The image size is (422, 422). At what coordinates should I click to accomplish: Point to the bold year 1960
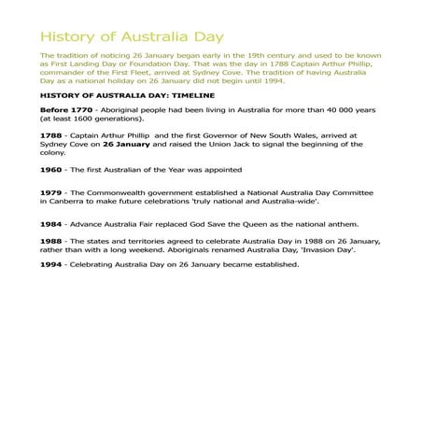50,170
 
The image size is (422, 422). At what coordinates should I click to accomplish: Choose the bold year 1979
50,193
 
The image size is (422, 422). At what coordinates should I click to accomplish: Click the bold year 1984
50,224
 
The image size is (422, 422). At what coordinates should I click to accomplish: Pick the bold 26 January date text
120,145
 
